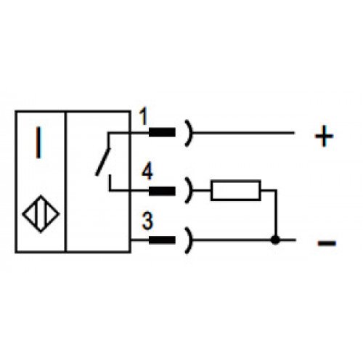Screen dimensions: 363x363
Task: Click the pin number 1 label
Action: click(144, 117)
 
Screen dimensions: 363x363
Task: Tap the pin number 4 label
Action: click(147, 171)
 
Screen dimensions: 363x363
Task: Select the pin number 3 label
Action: click(147, 221)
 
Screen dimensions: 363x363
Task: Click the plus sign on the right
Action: click(324, 136)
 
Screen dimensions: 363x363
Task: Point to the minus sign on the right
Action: click(327, 242)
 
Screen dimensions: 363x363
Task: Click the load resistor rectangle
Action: click(236, 190)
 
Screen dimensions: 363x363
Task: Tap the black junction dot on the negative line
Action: click(275, 240)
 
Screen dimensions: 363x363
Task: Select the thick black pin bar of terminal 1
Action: click(162, 132)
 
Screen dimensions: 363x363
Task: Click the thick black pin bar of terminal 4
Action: click(162, 191)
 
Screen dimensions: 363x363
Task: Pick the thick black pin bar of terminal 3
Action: click(162, 240)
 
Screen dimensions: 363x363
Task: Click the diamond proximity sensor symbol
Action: click(41, 214)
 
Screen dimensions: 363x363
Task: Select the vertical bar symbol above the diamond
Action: click(38, 142)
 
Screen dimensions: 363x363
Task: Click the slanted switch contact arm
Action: click(103, 162)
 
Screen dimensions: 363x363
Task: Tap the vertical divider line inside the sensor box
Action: click(65, 181)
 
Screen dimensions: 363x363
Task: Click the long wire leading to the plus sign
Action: click(243, 133)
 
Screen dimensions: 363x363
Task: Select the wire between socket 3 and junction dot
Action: click(232, 240)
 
